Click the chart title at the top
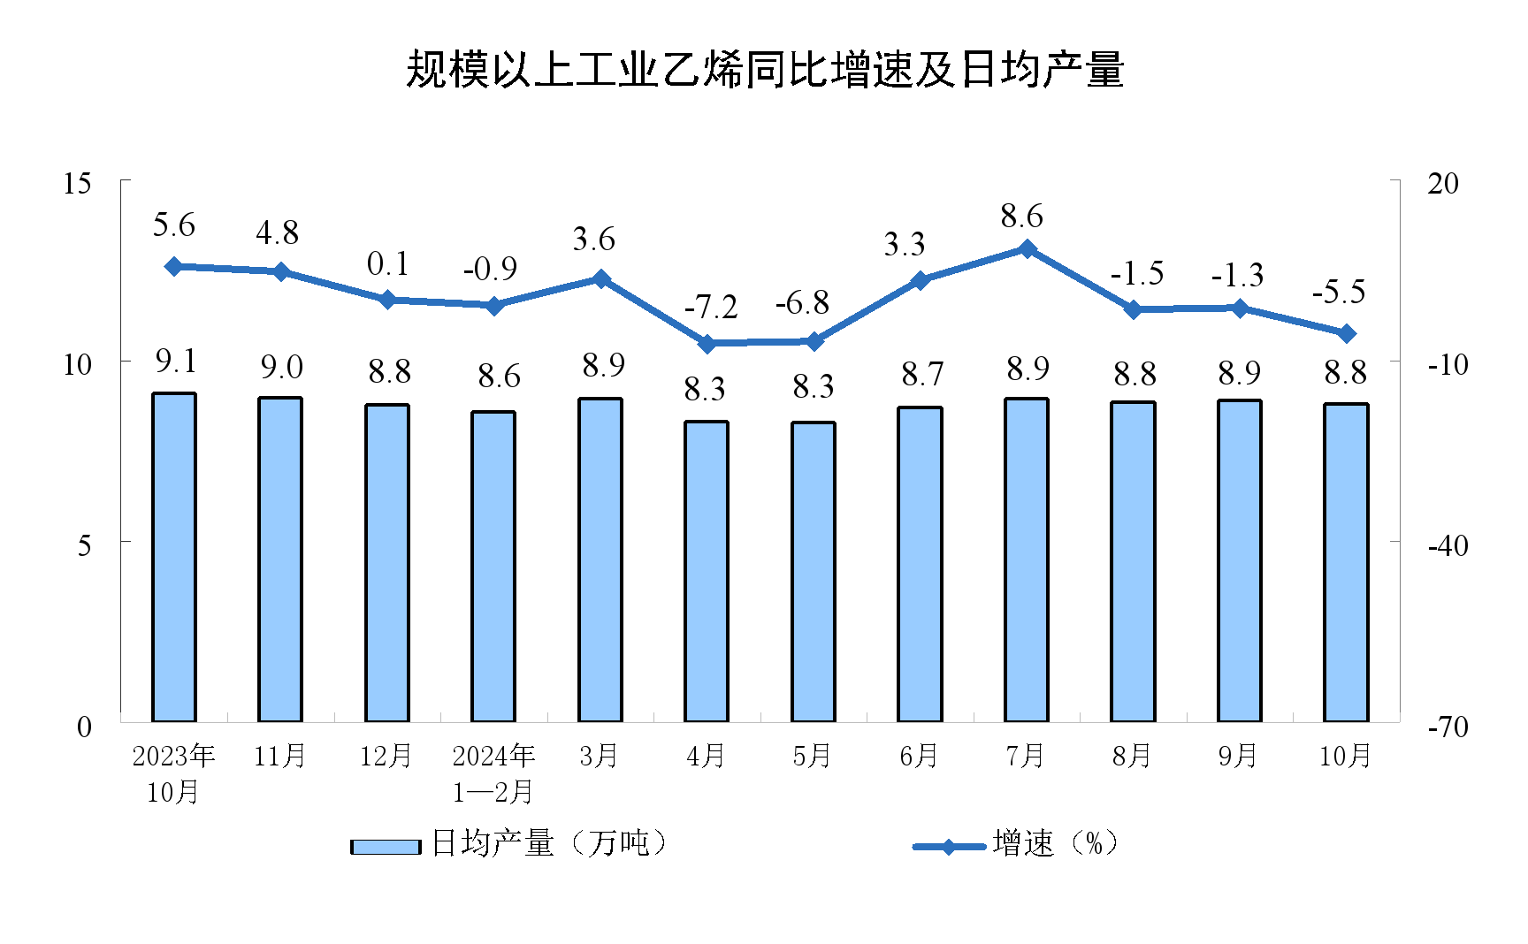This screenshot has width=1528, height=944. click(x=764, y=70)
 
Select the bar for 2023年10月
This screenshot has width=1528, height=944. click(x=174, y=557)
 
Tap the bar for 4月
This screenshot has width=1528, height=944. click(x=707, y=571)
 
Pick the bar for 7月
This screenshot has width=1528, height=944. click(x=1027, y=560)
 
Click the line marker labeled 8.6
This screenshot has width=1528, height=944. click(x=1028, y=249)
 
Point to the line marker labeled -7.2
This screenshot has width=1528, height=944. click(x=707, y=343)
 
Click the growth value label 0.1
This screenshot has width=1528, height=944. click(x=387, y=263)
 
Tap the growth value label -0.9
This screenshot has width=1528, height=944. click(x=490, y=269)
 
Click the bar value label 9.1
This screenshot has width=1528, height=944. click(x=175, y=361)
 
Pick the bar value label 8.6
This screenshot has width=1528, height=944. click(x=499, y=377)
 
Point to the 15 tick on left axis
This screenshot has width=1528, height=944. click(x=78, y=183)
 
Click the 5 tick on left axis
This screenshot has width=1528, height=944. click(x=84, y=544)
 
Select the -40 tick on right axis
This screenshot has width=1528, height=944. click(x=1448, y=545)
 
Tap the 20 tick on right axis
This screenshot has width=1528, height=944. click(x=1443, y=183)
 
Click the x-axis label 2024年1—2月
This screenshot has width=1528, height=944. click(x=493, y=773)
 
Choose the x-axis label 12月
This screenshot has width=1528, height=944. click(x=386, y=756)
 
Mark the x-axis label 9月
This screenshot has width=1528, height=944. click(x=1238, y=756)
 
